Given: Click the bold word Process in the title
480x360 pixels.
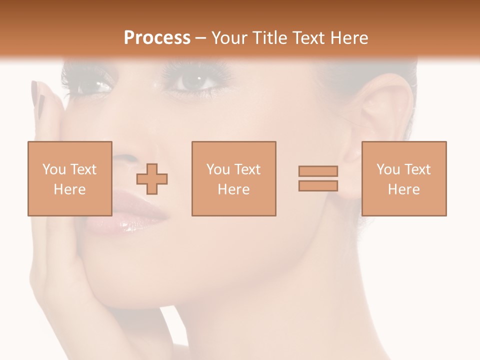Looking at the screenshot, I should [157, 38].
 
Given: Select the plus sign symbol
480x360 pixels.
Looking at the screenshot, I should [152, 179].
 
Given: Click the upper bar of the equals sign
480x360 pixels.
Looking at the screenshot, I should [318, 171].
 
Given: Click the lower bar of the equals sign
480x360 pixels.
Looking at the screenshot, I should [318, 186].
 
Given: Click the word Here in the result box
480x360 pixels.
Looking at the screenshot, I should [403, 189].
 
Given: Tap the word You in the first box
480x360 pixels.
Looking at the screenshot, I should [53, 169].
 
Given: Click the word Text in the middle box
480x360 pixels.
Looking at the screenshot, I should [247, 169].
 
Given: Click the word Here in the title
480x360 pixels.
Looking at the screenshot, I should [349, 38].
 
